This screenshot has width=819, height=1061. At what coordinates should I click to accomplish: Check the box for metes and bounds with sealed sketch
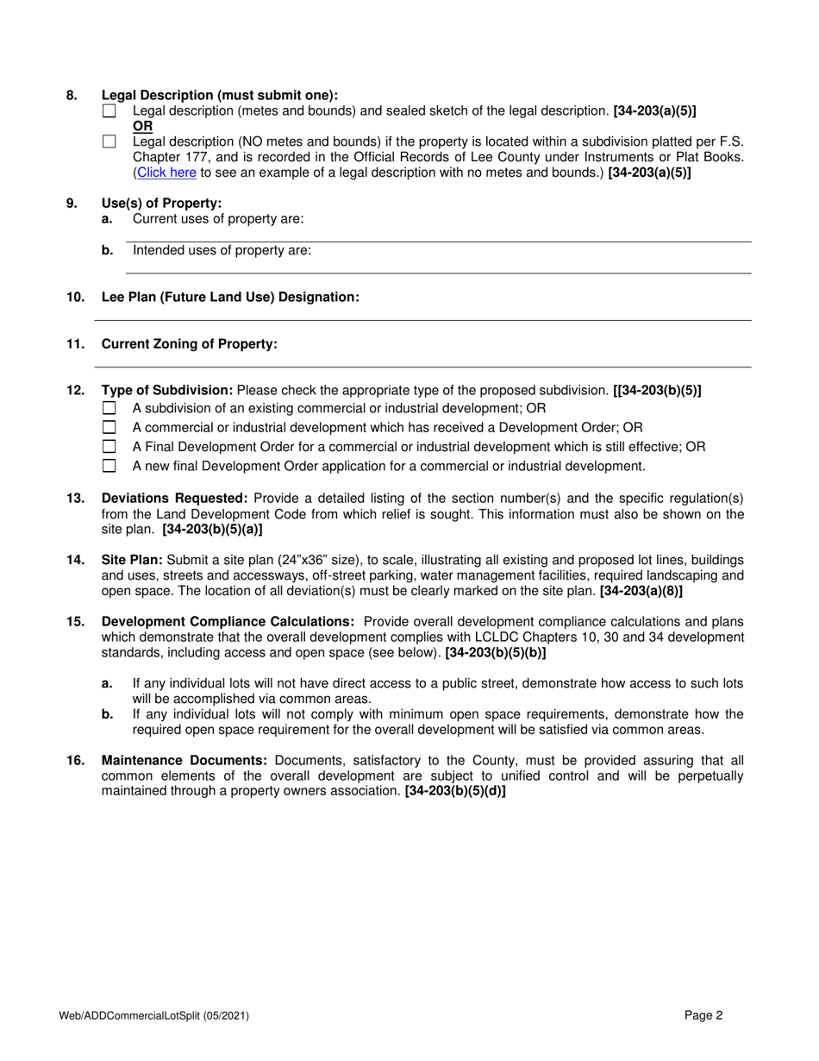[x=109, y=111]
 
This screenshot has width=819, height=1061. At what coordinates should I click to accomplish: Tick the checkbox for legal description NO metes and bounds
[x=109, y=142]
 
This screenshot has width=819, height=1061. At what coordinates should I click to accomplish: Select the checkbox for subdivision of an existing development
[x=109, y=408]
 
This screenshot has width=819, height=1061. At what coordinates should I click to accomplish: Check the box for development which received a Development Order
[x=109, y=427]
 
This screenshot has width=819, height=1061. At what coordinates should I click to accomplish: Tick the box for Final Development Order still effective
[x=109, y=447]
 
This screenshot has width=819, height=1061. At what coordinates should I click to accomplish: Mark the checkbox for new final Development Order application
[x=109, y=467]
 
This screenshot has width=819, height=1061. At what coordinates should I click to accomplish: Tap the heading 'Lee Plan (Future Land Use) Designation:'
[x=230, y=297]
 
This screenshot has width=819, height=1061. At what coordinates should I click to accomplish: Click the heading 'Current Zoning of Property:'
[x=190, y=344]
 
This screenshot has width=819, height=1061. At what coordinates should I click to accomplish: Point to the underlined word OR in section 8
[x=142, y=126]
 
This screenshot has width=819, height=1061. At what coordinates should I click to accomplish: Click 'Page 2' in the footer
[x=703, y=1015]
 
